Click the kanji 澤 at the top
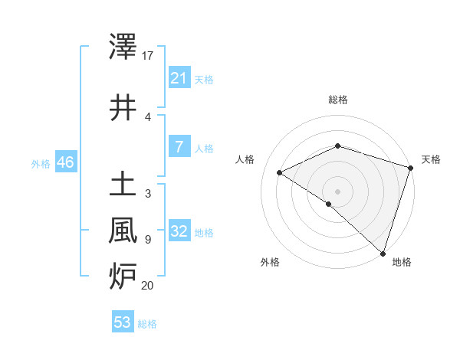pos(123,47)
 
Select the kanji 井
pos(123,106)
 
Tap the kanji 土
pos(123,184)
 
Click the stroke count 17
pos(148,56)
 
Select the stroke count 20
pos(148,286)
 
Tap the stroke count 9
pos(147,240)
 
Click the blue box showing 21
pos(179,77)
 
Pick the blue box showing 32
pos(179,231)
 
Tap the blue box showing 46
pos(65,162)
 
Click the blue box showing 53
pos(122,322)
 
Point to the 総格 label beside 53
pos(147,324)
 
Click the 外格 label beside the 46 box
pos(41,163)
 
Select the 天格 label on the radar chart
pos(431,159)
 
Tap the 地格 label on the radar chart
pos(402,263)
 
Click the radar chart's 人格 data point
pos(280,172)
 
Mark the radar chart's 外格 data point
pos(329,204)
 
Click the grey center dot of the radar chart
pos(337,191)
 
